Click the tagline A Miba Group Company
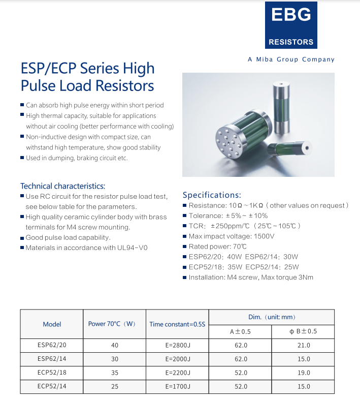click(x=291, y=59)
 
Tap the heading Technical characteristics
click(x=62, y=186)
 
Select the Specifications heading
click(x=211, y=195)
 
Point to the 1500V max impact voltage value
click(x=264, y=236)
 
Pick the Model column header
click(x=52, y=324)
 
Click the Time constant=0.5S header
click(x=177, y=324)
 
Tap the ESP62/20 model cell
click(x=52, y=345)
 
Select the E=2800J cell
click(x=177, y=345)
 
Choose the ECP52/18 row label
click(x=52, y=373)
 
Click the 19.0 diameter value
click(x=303, y=373)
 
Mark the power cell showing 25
click(x=115, y=386)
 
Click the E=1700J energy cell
click(x=177, y=386)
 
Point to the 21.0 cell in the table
click(x=303, y=345)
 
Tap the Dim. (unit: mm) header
click(x=272, y=317)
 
